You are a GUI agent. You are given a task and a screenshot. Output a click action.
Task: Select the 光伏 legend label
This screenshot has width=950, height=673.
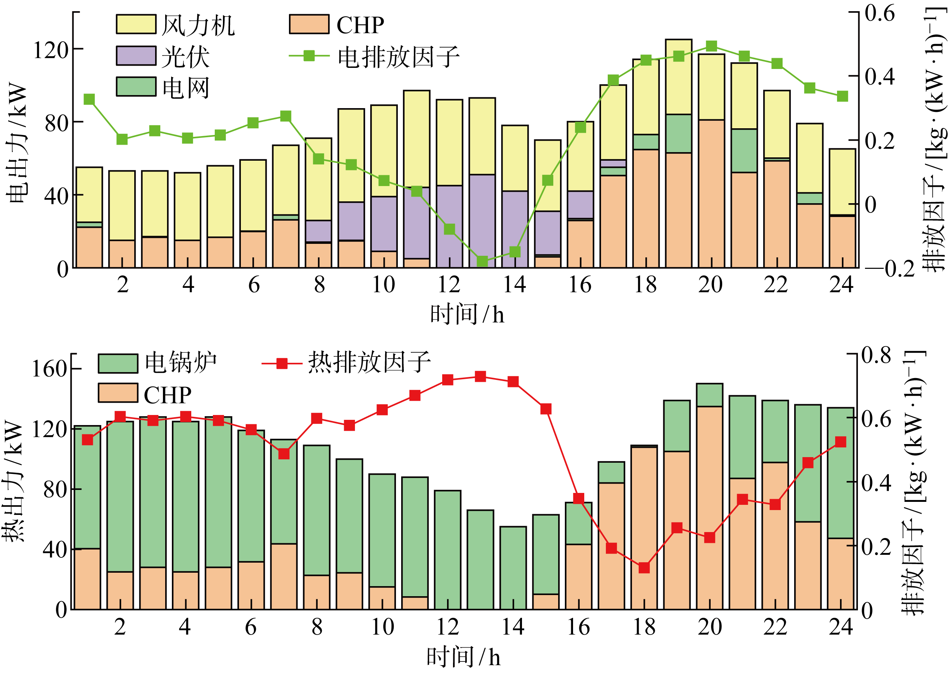(185, 57)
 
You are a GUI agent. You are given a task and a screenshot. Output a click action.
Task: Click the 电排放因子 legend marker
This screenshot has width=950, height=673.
(309, 56)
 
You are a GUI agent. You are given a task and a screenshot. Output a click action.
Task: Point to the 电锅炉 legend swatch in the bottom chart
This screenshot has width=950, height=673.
(118, 364)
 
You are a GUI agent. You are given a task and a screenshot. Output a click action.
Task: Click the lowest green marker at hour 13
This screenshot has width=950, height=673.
(482, 261)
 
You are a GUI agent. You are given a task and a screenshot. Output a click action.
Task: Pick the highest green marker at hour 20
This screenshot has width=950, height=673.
(711, 46)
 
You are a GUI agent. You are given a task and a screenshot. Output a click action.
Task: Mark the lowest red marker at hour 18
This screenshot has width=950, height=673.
(644, 568)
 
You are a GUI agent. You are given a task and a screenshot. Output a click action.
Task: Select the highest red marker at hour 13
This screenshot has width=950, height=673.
(480, 376)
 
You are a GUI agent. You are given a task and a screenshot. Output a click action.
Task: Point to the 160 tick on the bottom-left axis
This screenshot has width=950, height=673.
(49, 368)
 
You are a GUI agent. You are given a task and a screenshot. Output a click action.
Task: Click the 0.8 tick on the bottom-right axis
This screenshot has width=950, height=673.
(876, 355)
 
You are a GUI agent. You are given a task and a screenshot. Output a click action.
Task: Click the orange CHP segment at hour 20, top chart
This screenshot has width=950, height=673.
(711, 194)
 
